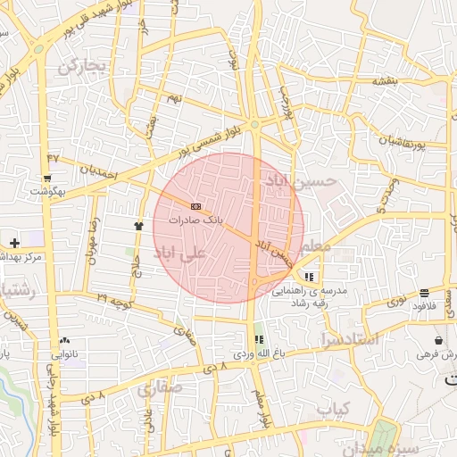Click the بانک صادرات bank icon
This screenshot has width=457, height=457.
tap(196, 206)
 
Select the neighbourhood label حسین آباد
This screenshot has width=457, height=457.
tap(299, 182)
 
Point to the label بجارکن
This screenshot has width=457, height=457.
tap(82, 64)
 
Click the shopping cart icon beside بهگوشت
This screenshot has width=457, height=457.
tap(46, 179)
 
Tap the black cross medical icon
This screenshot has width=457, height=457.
tap(14, 243)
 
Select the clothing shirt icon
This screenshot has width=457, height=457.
tap(138, 226)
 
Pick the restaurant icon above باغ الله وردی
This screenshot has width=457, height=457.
tap(260, 340)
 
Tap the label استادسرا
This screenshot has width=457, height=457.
tap(347, 339)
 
